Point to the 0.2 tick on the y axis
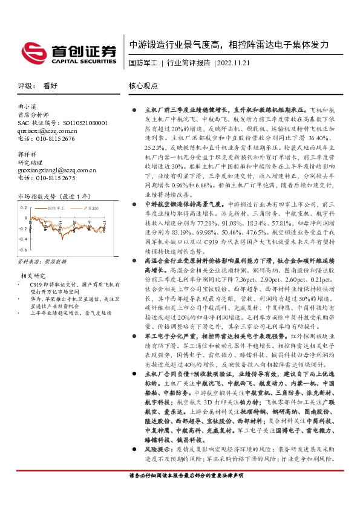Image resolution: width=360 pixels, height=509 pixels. point(24,207)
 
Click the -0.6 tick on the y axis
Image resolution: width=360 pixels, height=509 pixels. point(23,248)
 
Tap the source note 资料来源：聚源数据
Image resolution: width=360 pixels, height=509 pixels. point(42,263)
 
